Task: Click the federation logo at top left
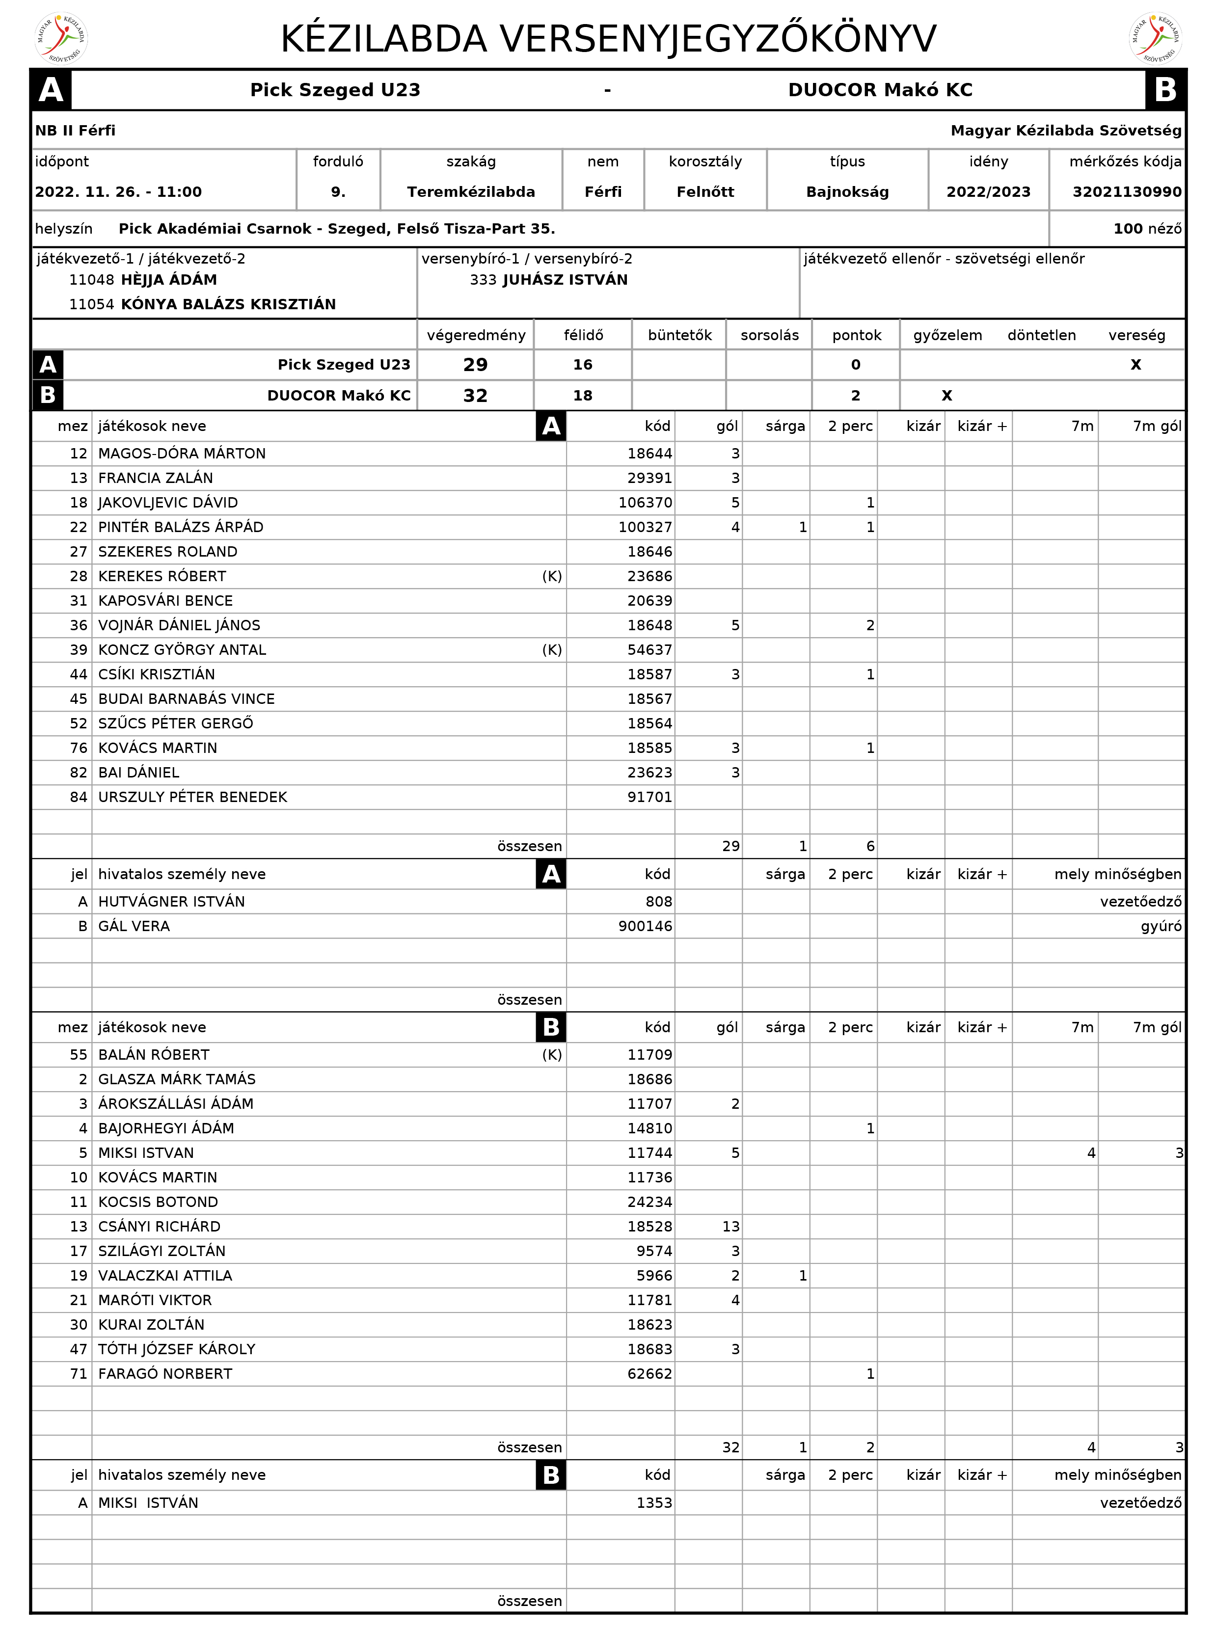click(62, 38)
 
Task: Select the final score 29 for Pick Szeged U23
click(475, 365)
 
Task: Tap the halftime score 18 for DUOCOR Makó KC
click(583, 396)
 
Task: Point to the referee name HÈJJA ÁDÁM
click(169, 280)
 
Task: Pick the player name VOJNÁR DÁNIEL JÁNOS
click(179, 625)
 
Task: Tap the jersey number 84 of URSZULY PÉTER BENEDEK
click(78, 797)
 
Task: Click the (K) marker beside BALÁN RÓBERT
click(552, 1055)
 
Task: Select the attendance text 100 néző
click(1146, 229)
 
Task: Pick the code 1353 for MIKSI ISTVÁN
click(654, 1502)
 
